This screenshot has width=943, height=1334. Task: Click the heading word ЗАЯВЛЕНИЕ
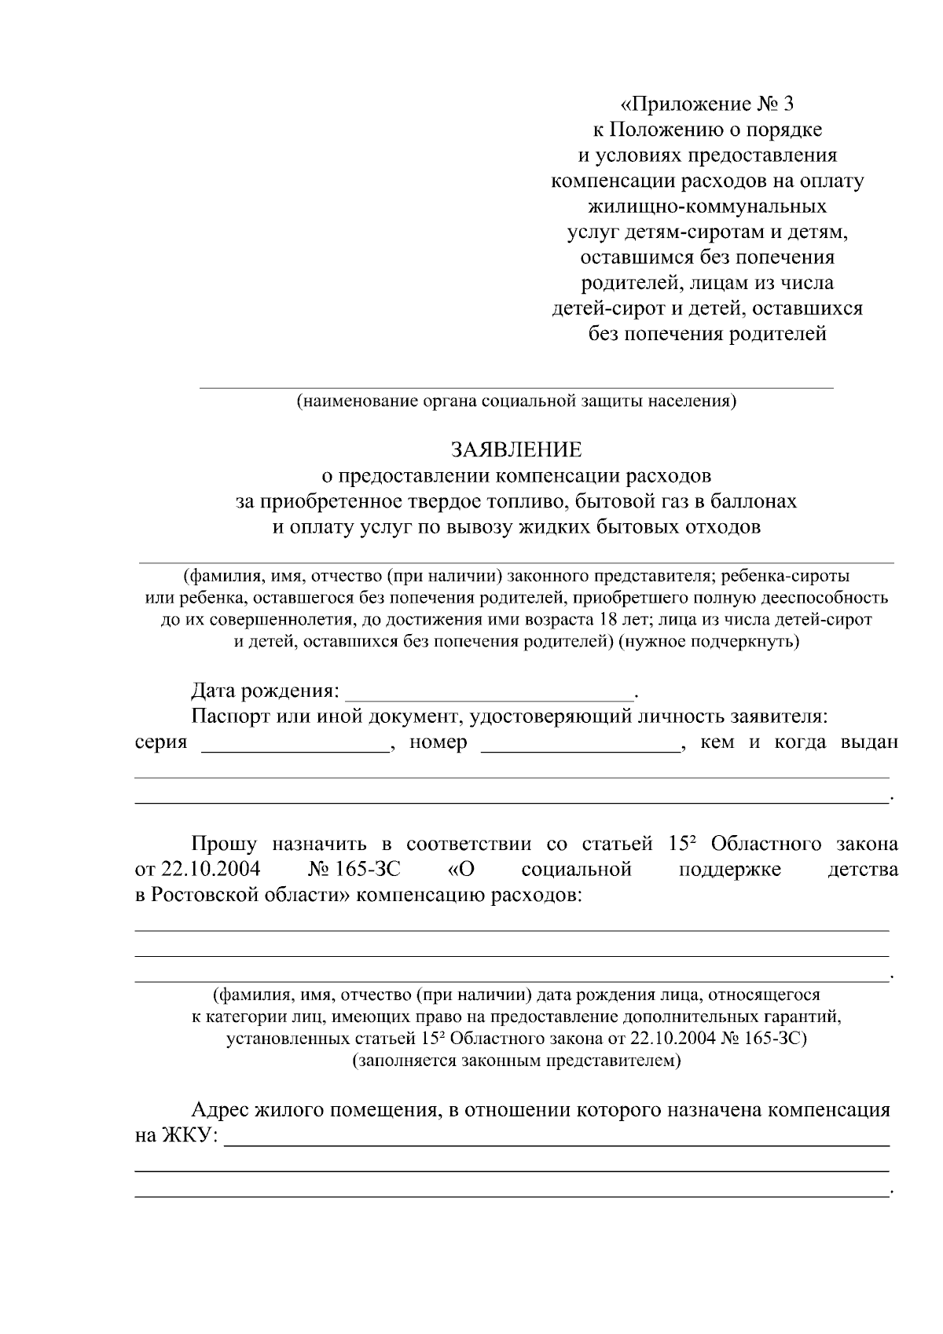click(x=516, y=449)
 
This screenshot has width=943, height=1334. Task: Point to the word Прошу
click(x=225, y=844)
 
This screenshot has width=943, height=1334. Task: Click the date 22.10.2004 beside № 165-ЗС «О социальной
click(x=211, y=870)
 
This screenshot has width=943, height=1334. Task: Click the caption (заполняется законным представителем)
click(x=516, y=1061)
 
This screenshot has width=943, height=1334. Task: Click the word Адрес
click(x=221, y=1110)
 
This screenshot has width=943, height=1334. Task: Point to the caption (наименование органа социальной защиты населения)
click(x=516, y=401)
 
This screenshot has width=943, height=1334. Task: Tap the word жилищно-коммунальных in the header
click(x=707, y=207)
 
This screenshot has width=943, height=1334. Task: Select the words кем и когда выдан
click(x=798, y=742)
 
